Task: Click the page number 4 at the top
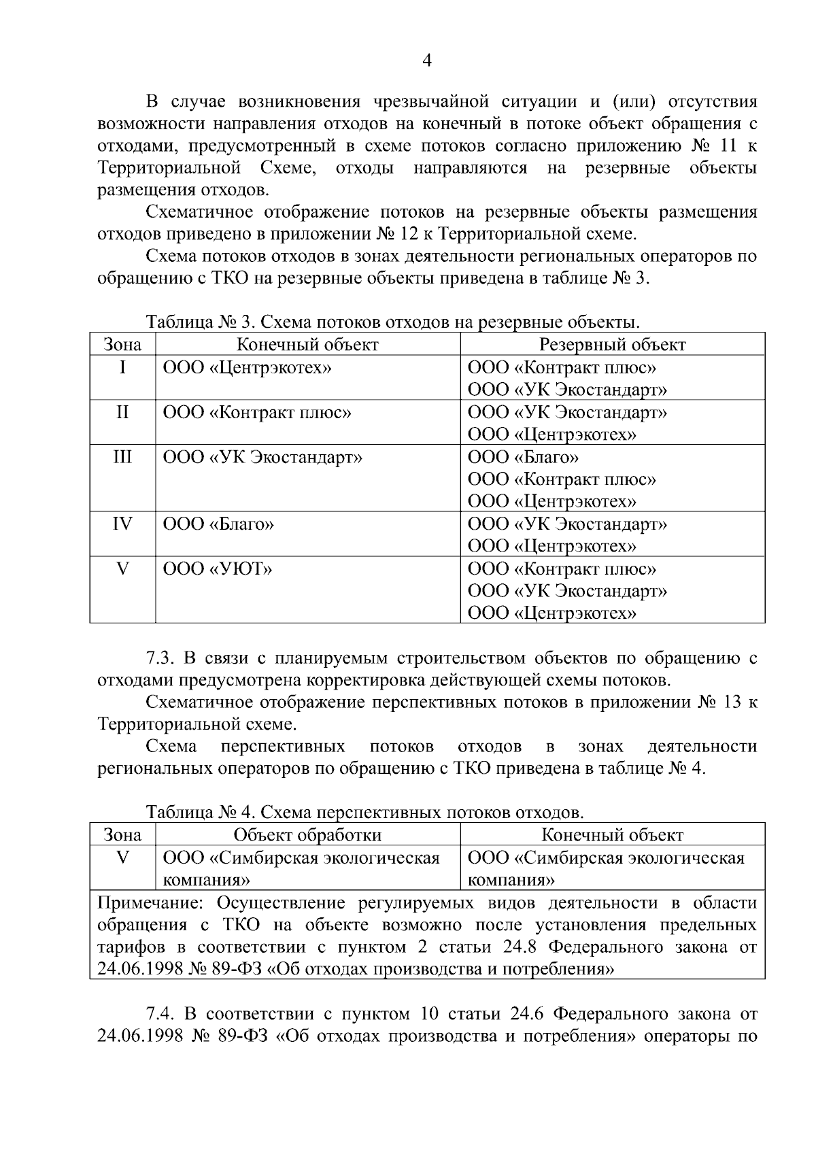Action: click(x=426, y=61)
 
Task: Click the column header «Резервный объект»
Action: click(x=612, y=345)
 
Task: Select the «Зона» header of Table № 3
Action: click(x=122, y=345)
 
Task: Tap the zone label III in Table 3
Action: click(x=122, y=456)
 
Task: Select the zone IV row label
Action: click(x=122, y=524)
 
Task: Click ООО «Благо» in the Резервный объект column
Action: click(x=523, y=457)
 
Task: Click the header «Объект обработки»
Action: click(x=307, y=835)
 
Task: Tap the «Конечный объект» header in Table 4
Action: click(x=612, y=835)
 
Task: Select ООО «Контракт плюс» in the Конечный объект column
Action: click(x=257, y=413)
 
